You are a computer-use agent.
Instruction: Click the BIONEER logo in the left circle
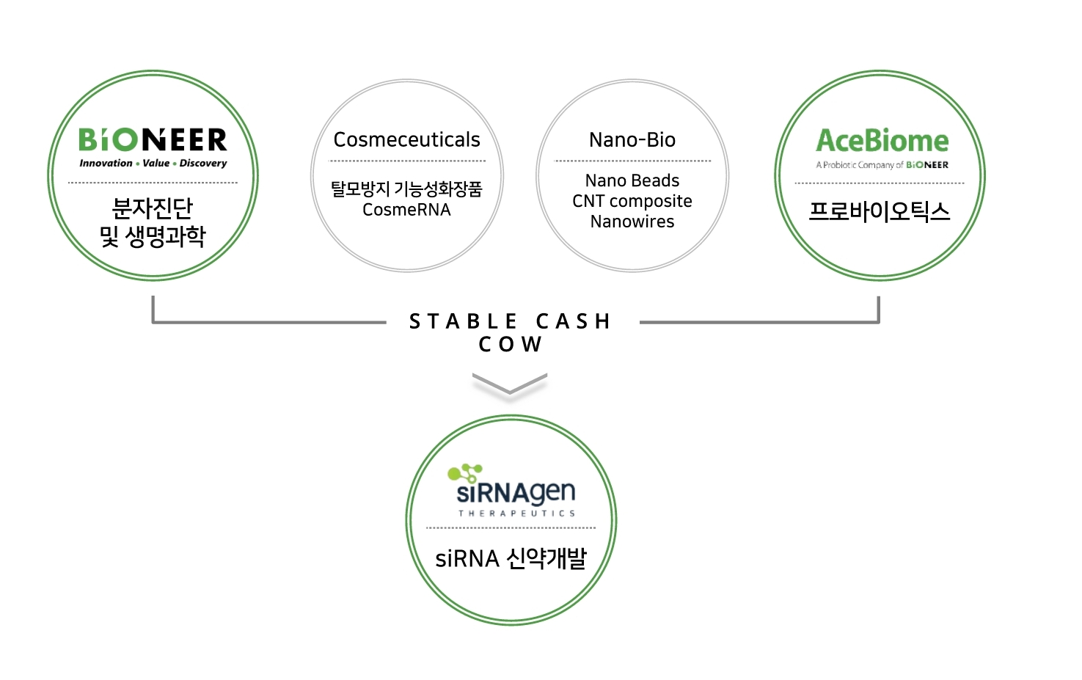[153, 139]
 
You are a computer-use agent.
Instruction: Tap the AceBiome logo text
[882, 140]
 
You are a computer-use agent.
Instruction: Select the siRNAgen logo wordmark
[516, 492]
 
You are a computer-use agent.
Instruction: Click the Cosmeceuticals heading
[406, 139]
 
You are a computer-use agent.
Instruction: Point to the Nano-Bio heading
[632, 139]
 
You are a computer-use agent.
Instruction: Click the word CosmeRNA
[406, 210]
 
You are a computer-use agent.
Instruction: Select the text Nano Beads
[632, 180]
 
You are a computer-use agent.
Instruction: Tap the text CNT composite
[632, 201]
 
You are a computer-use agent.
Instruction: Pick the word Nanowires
[632, 222]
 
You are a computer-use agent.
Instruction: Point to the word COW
[511, 344]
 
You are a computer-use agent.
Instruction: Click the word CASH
[574, 321]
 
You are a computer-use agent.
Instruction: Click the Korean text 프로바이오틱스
[879, 211]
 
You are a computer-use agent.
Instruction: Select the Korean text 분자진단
[153, 208]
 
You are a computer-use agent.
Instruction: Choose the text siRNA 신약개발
[511, 559]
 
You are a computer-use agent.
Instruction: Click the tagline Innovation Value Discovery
[153, 163]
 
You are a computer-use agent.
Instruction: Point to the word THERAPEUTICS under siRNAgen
[516, 513]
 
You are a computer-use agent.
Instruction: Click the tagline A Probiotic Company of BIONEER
[882, 165]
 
